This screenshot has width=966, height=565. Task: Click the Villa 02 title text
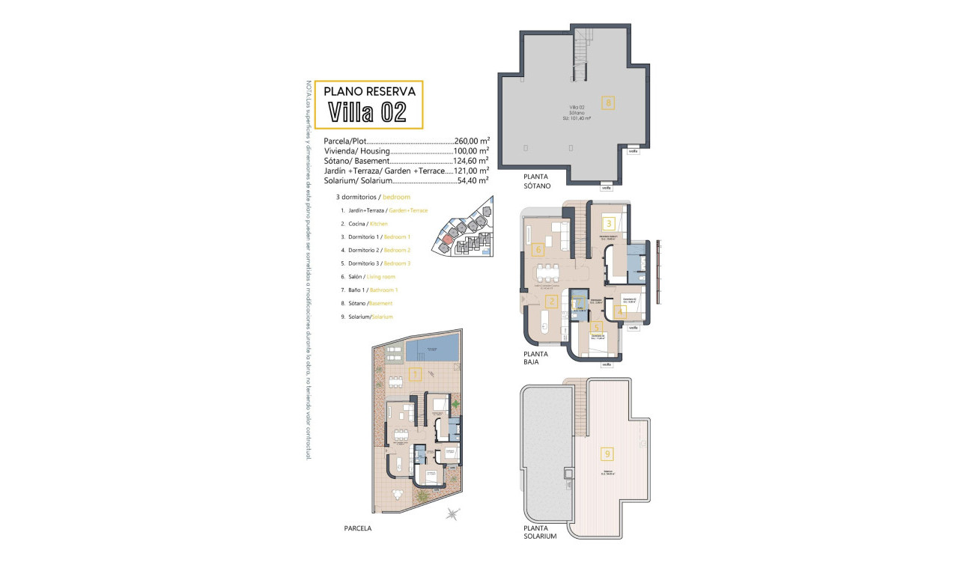click(x=368, y=112)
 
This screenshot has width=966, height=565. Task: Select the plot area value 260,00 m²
click(x=472, y=141)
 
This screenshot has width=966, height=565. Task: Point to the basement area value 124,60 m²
click(x=472, y=161)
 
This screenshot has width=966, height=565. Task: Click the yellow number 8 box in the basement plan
click(x=609, y=104)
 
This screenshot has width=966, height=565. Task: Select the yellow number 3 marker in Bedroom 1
click(x=609, y=223)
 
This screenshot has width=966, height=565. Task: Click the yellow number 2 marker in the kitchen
click(x=551, y=302)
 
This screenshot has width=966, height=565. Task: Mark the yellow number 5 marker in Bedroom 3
click(x=595, y=327)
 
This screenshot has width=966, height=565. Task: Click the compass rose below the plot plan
click(x=452, y=513)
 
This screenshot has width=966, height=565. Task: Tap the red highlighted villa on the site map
click(x=447, y=239)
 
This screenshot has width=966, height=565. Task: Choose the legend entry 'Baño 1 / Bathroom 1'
click(x=368, y=290)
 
